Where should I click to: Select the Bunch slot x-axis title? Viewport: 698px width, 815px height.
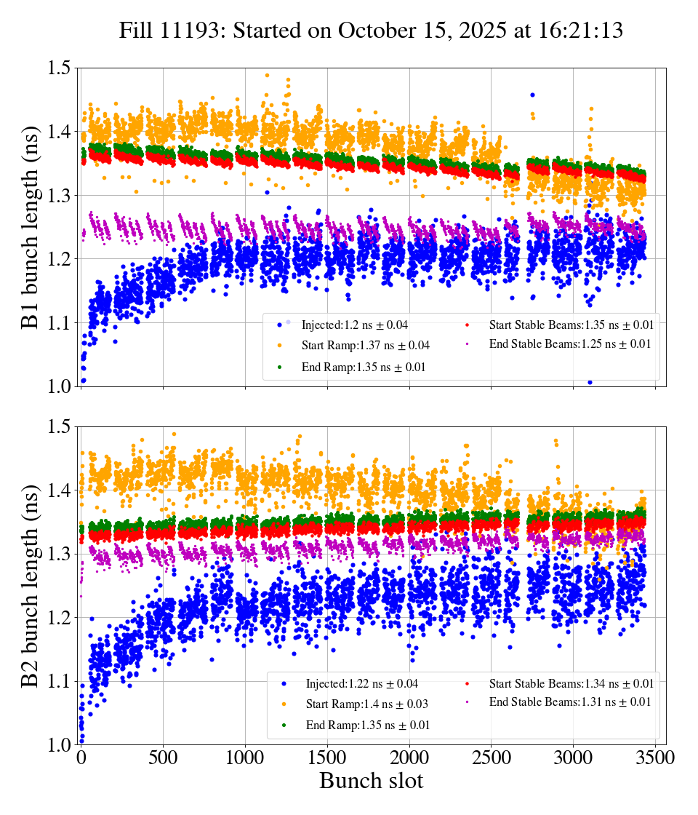tap(371, 782)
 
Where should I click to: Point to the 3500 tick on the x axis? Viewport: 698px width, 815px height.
tap(655, 758)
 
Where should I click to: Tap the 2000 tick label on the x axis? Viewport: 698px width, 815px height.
tap(409, 758)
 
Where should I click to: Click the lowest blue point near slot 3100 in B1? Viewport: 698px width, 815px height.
tap(590, 382)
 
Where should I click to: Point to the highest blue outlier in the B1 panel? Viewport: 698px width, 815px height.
tap(532, 95)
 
